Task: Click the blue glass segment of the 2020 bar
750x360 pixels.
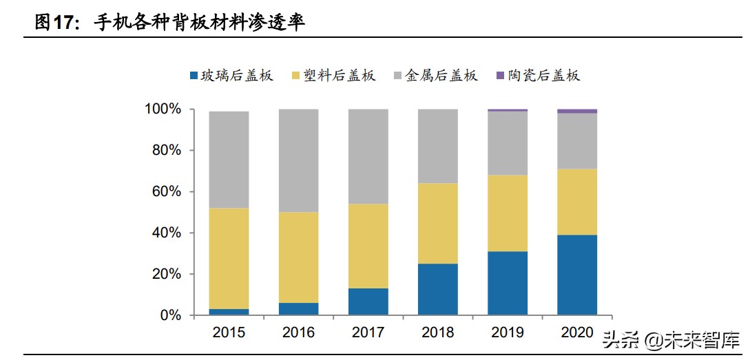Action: click(577, 275)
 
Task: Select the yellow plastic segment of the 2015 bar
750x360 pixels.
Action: click(229, 259)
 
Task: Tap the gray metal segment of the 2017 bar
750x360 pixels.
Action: click(368, 156)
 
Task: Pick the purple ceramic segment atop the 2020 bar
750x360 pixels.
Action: click(577, 111)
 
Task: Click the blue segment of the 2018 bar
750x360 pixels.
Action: click(437, 289)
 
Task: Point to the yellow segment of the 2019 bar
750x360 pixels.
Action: click(507, 213)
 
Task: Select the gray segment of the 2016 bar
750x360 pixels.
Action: click(298, 160)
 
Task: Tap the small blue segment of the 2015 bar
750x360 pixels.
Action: click(229, 312)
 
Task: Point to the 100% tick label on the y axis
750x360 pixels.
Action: click(163, 109)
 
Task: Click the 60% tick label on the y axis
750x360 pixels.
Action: click(166, 192)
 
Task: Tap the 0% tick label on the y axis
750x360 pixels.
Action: click(169, 316)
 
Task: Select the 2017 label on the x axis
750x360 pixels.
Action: click(368, 333)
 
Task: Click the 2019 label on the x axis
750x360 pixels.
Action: click(507, 333)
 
